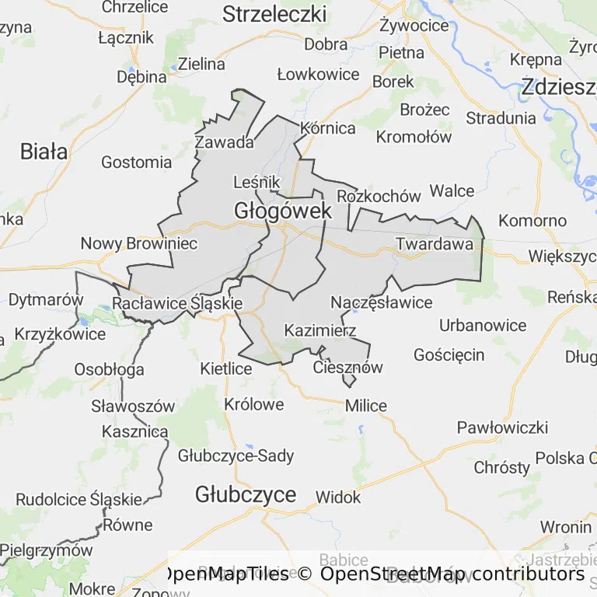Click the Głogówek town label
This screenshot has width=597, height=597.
point(283,211)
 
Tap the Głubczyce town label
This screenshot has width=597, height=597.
point(246,494)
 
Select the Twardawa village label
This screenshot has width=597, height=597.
point(435,244)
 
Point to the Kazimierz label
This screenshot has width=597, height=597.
point(320,330)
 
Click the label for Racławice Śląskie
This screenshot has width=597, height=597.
point(178,303)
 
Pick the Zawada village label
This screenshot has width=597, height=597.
point(225,142)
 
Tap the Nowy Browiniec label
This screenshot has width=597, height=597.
point(139,244)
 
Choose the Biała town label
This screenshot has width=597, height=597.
point(44,152)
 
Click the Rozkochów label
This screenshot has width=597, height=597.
point(379,196)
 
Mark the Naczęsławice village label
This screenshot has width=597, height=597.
point(382,302)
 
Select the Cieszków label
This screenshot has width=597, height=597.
point(348,368)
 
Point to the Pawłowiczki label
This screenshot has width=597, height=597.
point(502,428)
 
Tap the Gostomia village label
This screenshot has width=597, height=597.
point(137,162)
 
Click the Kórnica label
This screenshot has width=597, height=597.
point(328,128)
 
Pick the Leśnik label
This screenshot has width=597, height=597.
point(257,182)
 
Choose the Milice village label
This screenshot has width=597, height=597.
point(366,406)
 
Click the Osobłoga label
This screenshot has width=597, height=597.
point(109,369)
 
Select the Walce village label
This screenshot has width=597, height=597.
point(452,191)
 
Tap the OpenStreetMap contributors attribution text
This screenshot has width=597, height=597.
point(452,574)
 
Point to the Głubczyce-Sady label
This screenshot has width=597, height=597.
point(236,456)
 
